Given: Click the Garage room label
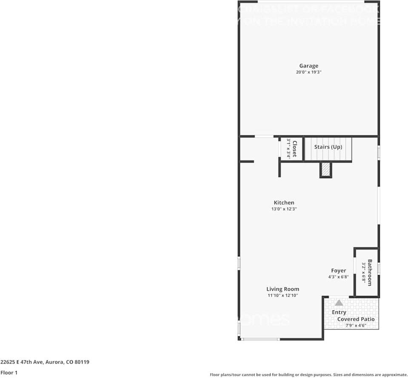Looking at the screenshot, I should pos(308,66).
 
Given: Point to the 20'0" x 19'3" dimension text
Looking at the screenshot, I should pos(308,72).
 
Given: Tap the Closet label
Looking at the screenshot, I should pos(294,148).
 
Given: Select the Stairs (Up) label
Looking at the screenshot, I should pos(328,147).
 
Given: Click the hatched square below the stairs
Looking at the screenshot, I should pos(325,170).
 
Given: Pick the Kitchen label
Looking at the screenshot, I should pos(284,203).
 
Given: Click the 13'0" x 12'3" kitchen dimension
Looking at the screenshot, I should pos(284,209).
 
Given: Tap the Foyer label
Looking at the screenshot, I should pos(339,270).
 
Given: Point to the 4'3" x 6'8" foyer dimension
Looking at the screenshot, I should pos(338,277).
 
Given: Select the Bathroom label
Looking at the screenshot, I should pos(370,273).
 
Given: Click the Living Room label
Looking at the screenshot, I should pos(283,289).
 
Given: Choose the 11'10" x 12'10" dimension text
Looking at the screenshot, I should pos(283,295).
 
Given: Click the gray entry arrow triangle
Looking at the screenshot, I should pos(339,303).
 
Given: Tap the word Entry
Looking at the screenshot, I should pos(339,312).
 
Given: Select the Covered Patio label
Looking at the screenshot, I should pos(356,319).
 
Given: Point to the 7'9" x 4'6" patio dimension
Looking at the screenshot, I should pos(356,326).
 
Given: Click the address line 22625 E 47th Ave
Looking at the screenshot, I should pos(45,362).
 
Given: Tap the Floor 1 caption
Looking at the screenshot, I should pos(9,373).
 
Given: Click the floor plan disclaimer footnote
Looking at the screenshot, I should pos(309,375).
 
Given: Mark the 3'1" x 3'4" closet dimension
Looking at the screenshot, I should pos(288,148).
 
